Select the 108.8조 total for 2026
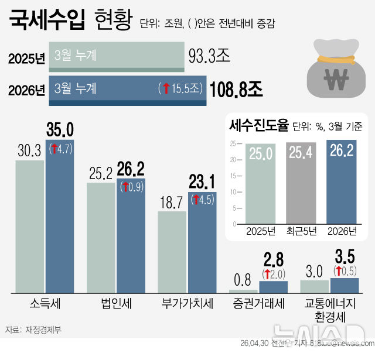pos(236,89)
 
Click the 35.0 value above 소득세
pos(60,129)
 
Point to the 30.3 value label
pos(29,150)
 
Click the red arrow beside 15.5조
pos(166,88)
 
